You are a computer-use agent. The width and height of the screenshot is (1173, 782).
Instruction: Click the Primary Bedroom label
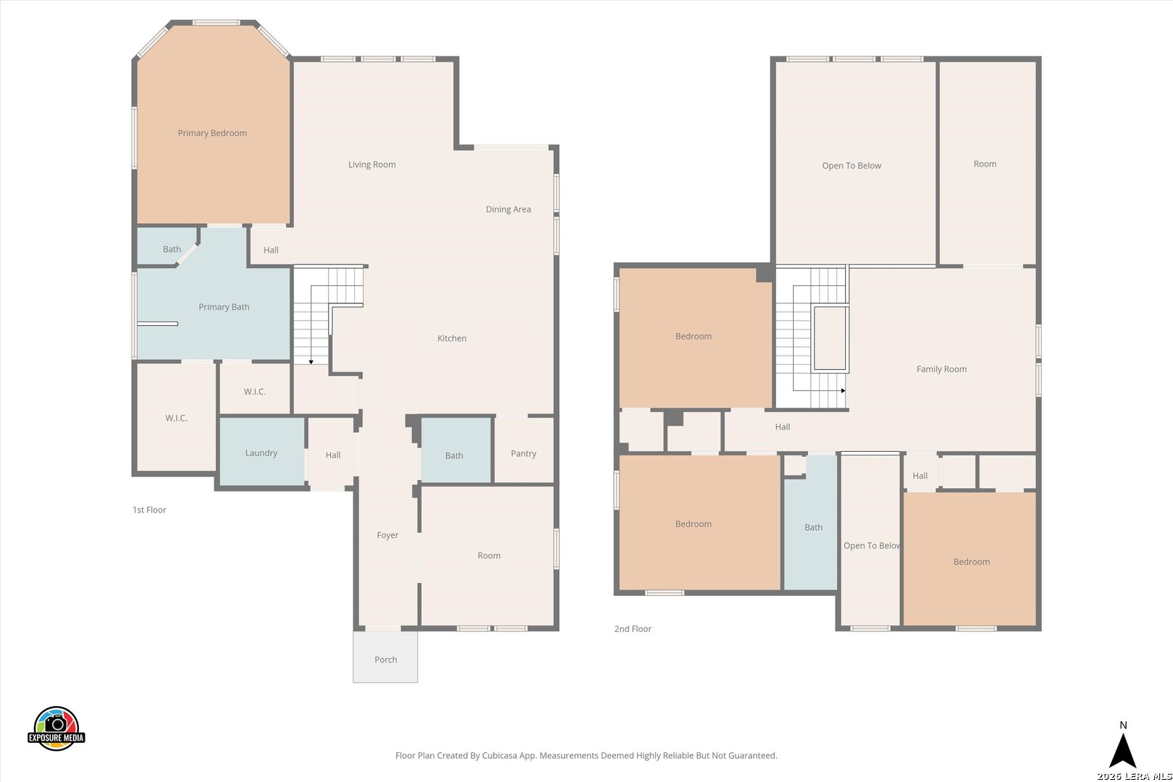click(x=212, y=133)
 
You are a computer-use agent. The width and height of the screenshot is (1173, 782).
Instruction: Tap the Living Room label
click(x=371, y=164)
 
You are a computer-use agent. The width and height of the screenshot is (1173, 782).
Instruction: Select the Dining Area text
click(x=508, y=209)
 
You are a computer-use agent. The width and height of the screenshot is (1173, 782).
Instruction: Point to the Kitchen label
click(x=452, y=338)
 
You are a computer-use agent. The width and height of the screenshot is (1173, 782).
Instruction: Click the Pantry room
click(x=524, y=450)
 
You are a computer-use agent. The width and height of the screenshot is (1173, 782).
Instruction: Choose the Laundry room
click(x=262, y=452)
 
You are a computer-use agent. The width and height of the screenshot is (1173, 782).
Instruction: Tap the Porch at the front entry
click(x=385, y=657)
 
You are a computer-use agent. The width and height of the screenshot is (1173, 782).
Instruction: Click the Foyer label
click(x=387, y=535)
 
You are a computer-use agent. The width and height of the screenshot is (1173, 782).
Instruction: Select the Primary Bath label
click(x=224, y=307)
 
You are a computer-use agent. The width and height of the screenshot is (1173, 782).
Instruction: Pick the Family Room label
click(x=941, y=369)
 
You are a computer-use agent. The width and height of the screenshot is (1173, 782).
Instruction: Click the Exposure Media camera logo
click(x=56, y=728)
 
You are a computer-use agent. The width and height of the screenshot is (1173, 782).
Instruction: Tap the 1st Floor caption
click(x=149, y=510)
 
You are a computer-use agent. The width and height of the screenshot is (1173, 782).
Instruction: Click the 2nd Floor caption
click(x=633, y=629)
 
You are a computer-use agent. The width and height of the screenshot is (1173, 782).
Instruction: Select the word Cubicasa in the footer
click(x=500, y=756)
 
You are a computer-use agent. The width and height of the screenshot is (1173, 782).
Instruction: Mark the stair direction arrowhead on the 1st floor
click(x=311, y=362)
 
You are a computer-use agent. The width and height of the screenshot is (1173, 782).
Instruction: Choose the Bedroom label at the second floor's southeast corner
click(x=972, y=562)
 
